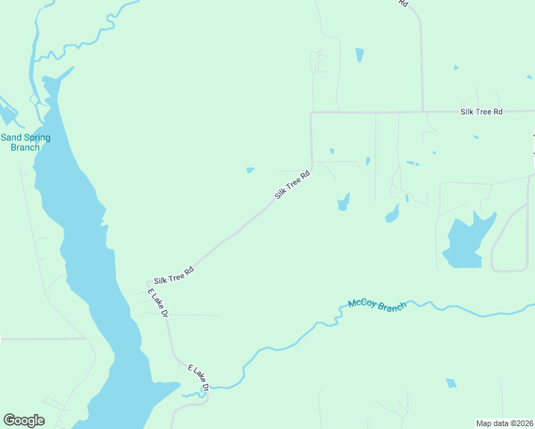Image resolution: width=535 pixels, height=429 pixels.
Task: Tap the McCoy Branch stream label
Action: [377, 305]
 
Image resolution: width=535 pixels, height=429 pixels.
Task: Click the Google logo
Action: [24, 420]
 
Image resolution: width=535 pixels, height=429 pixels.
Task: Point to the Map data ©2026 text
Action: [504, 423]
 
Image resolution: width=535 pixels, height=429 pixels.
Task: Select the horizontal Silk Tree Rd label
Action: [481, 112]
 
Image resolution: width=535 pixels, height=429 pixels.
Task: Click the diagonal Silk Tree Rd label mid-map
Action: [293, 184]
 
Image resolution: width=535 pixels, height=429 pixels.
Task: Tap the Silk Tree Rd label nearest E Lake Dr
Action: [174, 274]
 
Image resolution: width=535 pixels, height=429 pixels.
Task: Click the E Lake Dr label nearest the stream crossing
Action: [198, 378]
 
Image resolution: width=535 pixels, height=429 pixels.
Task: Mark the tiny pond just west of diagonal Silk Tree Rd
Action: [250, 170]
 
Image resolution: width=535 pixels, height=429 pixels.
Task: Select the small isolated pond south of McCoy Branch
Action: [451, 383]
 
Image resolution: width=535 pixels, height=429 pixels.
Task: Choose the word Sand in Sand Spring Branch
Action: [11, 137]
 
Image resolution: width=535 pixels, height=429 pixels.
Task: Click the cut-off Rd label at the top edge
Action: [403, 3]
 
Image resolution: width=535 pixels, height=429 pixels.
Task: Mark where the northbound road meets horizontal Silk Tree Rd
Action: [422, 112]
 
